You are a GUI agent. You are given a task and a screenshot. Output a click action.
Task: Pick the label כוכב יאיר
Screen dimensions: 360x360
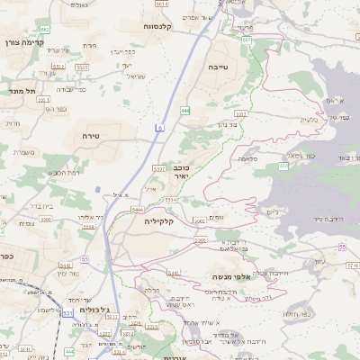182,172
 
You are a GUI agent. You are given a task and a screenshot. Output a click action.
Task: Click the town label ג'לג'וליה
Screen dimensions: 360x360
94,310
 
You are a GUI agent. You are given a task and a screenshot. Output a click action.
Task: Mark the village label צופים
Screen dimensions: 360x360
215,216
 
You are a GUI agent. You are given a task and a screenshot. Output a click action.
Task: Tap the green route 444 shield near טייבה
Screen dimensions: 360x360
184,110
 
